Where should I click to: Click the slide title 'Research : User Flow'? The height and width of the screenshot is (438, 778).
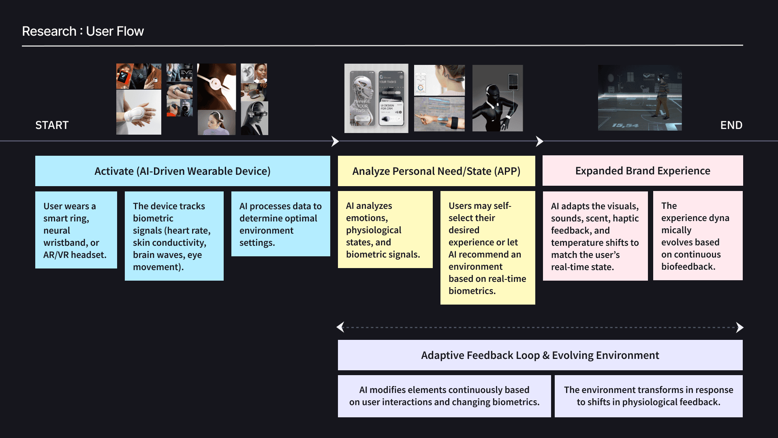click(x=83, y=31)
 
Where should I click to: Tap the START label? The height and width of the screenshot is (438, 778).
click(x=52, y=125)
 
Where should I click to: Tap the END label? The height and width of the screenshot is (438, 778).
click(x=731, y=125)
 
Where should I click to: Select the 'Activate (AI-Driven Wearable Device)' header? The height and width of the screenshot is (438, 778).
click(x=182, y=171)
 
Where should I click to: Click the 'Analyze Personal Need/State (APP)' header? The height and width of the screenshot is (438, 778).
click(x=436, y=171)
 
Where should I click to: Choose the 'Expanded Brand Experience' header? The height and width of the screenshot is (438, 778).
click(x=643, y=171)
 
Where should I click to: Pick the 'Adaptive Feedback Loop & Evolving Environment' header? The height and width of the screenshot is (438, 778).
click(x=540, y=355)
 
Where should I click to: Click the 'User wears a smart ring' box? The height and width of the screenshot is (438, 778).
click(x=76, y=230)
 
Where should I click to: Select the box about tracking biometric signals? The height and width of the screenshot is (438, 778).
click(x=174, y=236)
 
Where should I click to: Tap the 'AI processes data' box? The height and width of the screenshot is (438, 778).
click(x=280, y=224)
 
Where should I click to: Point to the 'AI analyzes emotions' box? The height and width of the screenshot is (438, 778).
click(x=385, y=230)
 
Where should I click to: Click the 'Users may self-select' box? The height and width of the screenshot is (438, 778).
click(x=487, y=248)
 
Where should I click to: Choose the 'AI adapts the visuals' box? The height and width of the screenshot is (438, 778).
click(x=595, y=236)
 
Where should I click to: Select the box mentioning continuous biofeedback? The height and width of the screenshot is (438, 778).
click(x=697, y=236)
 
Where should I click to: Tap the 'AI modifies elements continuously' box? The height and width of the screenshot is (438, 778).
click(x=444, y=396)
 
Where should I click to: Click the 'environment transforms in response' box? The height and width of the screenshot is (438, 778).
click(x=648, y=396)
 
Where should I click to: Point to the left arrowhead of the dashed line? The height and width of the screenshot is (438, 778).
click(x=341, y=327)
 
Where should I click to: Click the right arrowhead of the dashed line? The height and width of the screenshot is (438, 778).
click(x=740, y=327)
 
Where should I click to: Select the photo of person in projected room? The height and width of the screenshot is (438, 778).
click(x=640, y=98)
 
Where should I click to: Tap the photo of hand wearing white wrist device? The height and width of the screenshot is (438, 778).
click(x=139, y=112)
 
